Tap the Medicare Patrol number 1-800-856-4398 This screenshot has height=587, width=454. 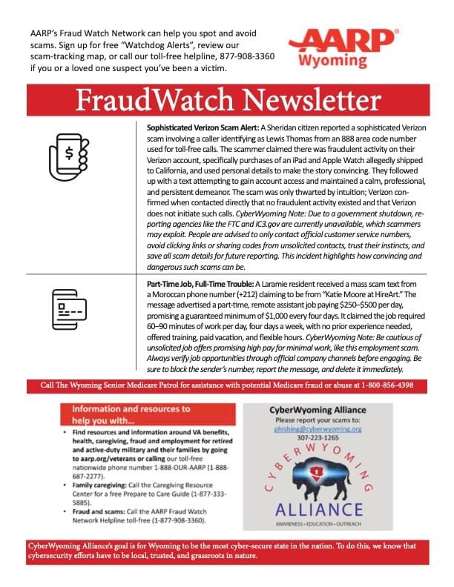coord(385,385)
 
